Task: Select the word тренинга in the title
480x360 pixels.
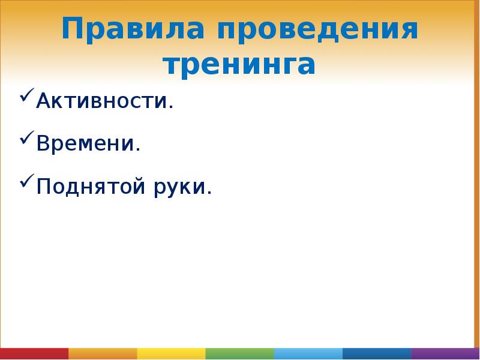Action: click(x=239, y=65)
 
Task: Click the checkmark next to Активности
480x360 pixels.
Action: click(x=27, y=97)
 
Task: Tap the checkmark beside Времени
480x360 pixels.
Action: click(x=27, y=140)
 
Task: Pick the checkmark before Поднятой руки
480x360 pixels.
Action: click(x=27, y=183)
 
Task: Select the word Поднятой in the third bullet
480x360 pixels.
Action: click(x=92, y=187)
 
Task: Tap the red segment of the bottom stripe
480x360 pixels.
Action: click(x=34, y=353)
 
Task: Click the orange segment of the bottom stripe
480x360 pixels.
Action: click(x=103, y=353)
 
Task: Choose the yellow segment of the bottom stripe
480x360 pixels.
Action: click(x=171, y=353)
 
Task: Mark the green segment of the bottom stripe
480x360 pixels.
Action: click(x=240, y=353)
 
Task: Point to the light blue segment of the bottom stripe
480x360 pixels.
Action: click(x=308, y=353)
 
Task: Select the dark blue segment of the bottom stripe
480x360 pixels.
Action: click(x=377, y=353)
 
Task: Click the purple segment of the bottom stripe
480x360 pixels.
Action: click(x=445, y=353)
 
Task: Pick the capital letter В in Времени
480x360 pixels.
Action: click(x=43, y=144)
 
